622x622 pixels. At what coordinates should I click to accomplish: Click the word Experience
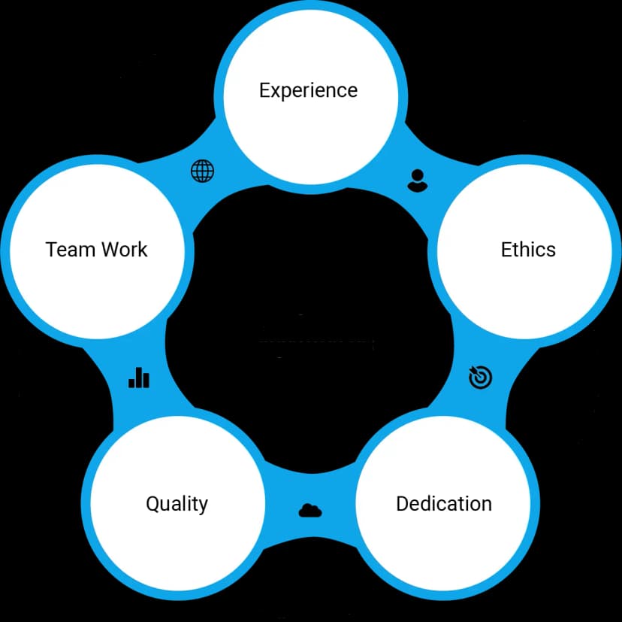pyautogui.click(x=308, y=90)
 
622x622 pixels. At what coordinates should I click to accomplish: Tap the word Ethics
pyautogui.click(x=528, y=249)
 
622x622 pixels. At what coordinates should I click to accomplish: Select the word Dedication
pyautogui.click(x=443, y=503)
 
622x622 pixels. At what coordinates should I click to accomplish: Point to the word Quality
pyautogui.click(x=177, y=503)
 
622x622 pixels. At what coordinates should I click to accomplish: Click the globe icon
pyautogui.click(x=202, y=171)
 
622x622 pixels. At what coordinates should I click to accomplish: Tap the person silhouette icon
pyautogui.click(x=417, y=180)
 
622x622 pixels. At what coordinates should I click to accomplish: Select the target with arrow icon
pyautogui.click(x=480, y=377)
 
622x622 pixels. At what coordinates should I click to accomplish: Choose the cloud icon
pyautogui.click(x=309, y=511)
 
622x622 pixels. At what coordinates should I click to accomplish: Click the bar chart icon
pyautogui.click(x=139, y=377)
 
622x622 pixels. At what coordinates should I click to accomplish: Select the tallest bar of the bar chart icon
pyautogui.click(x=139, y=376)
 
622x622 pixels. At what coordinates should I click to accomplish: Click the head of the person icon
pyautogui.click(x=417, y=175)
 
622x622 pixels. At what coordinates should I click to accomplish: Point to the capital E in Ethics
pyautogui.click(x=506, y=249)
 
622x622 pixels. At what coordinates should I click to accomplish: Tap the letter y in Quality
pyautogui.click(x=203, y=505)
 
